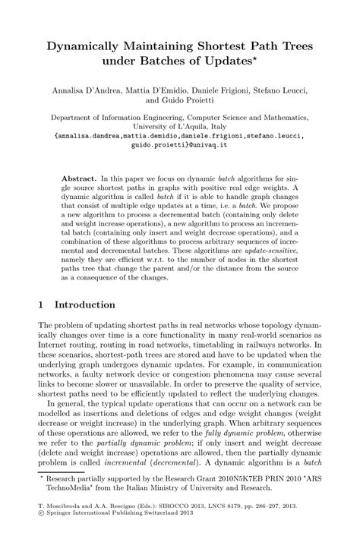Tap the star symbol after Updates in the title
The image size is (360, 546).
(x=271, y=58)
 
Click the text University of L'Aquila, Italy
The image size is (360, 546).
(x=179, y=128)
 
